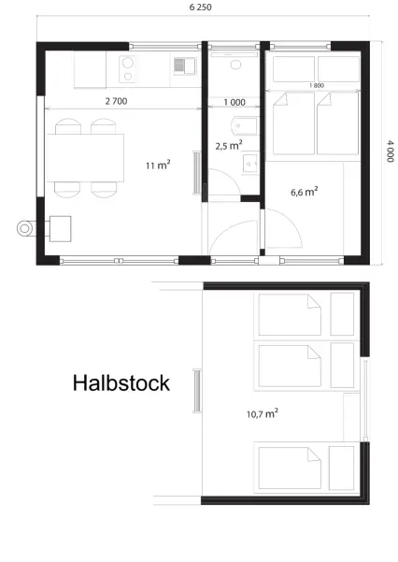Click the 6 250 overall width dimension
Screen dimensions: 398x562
point(200,7)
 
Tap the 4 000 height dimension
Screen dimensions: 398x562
point(391,151)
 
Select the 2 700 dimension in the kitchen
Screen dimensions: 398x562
point(116,101)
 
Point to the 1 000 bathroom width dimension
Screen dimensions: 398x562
point(235,103)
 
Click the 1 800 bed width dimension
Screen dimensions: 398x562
point(317,86)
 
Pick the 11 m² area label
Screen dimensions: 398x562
point(158,165)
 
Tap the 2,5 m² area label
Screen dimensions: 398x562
point(229,145)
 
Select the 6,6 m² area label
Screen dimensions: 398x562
point(305,192)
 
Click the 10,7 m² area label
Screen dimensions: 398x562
point(263,413)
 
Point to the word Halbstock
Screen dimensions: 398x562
point(121,382)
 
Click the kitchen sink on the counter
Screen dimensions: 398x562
point(185,66)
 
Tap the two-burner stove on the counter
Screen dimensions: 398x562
point(127,69)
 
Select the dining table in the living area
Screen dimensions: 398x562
point(85,158)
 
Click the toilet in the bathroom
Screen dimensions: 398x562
point(246,125)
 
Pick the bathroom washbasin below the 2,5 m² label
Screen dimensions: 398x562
point(250,164)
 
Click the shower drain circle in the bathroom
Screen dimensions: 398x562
point(235,65)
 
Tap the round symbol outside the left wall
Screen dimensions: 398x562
point(24,228)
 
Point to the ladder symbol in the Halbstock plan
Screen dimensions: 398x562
point(197,391)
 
